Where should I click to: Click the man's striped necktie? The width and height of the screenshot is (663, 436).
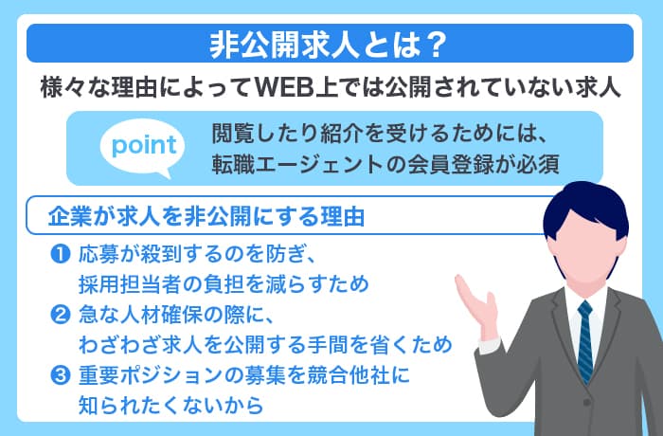point(584,341)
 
